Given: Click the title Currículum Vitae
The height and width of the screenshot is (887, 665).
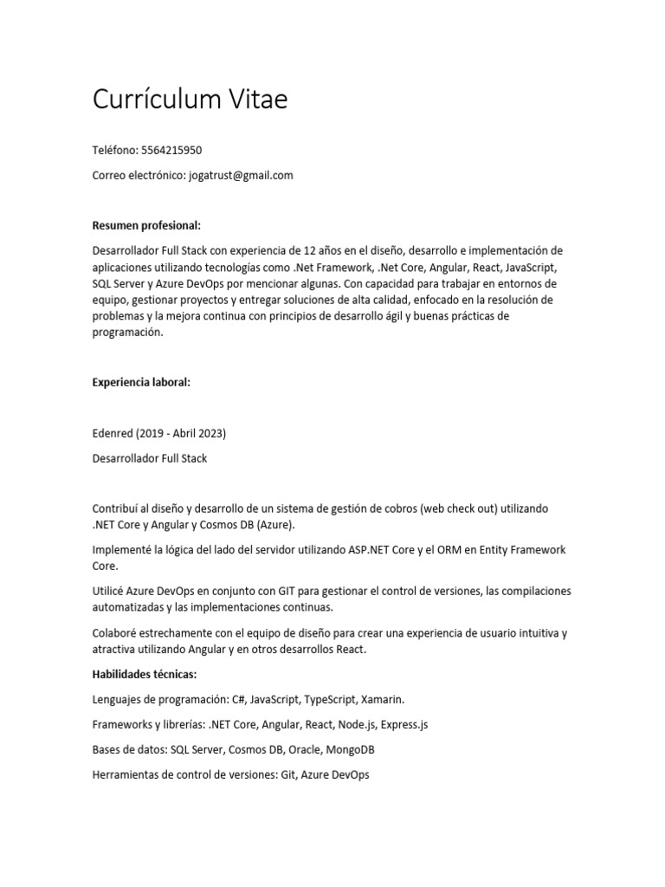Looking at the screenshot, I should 190,100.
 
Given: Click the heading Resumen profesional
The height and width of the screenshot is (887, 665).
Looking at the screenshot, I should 146,226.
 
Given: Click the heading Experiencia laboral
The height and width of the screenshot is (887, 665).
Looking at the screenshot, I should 141,382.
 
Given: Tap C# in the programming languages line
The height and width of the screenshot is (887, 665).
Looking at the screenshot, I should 239,699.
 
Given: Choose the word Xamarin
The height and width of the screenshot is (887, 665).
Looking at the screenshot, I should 383,699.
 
